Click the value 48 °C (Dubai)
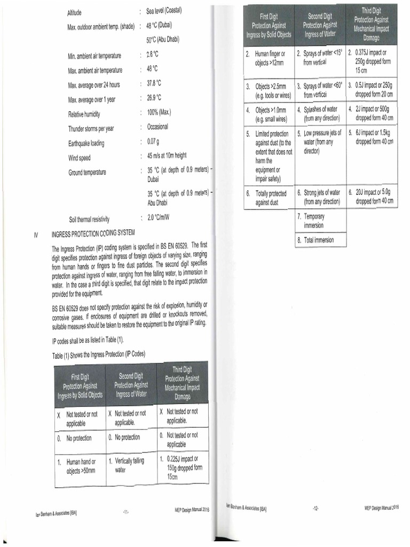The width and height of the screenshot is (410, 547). [162, 26]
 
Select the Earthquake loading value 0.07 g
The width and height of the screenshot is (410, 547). [155, 142]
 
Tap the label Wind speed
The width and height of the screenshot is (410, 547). [79, 158]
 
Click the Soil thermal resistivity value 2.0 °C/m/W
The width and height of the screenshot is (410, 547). [158, 218]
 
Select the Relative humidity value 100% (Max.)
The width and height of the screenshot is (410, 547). [159, 113]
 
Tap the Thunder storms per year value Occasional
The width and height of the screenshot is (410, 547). [157, 127]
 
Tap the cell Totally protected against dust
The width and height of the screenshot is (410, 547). [270, 198]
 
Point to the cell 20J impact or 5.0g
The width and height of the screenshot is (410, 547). [373, 197]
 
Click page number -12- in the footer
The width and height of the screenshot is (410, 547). [316, 508]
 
